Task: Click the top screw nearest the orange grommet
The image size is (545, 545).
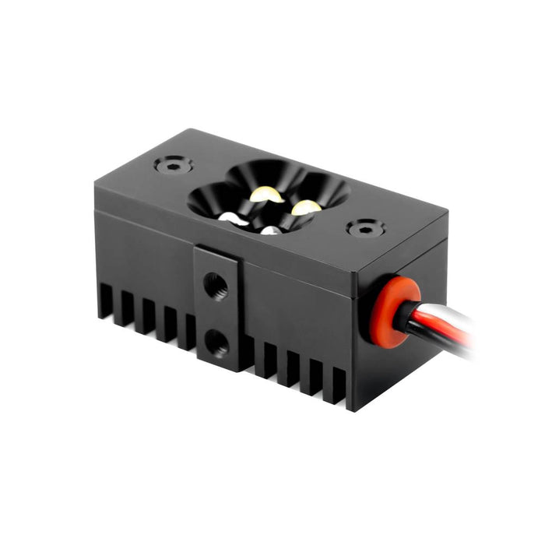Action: (x=365, y=228)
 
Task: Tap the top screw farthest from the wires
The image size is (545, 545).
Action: (x=174, y=165)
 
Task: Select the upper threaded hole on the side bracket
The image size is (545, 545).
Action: (x=215, y=285)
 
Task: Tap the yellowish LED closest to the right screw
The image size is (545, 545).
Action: (x=305, y=207)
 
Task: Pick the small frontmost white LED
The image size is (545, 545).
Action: (x=269, y=230)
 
